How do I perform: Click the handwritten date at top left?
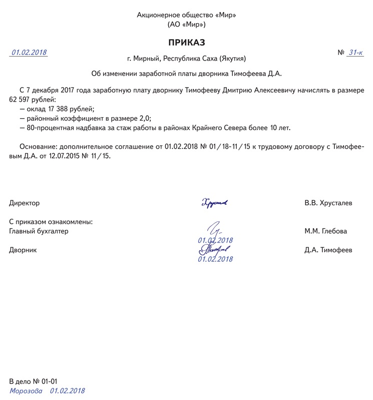click(29, 52)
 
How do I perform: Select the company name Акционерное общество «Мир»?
click(186, 15)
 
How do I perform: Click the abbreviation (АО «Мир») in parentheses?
click(186, 24)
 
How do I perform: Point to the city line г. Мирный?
click(186, 59)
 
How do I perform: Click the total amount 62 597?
click(21, 99)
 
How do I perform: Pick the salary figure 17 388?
click(60, 109)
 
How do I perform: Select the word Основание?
click(38, 147)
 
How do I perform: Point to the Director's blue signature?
click(214, 203)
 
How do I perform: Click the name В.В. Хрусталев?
click(328, 203)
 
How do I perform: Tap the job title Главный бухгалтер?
click(39, 231)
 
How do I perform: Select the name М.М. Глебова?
click(325, 231)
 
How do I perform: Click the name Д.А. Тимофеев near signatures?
click(328, 250)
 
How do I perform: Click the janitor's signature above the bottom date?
click(214, 249)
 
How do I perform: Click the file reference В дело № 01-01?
click(37, 381)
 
